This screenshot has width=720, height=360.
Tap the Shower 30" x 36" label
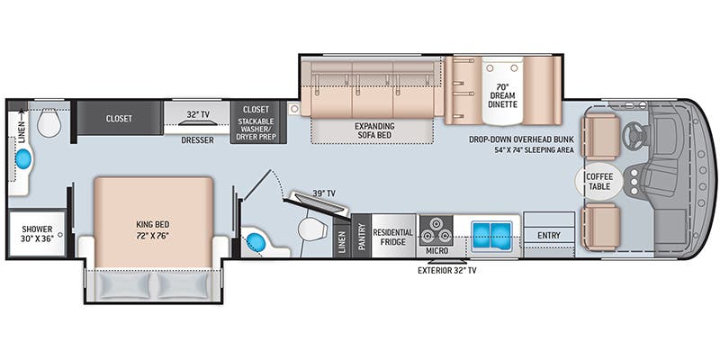pos(38,234)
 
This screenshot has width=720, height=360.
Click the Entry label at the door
pos(548,236)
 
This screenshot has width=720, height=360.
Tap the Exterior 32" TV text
pos(447,270)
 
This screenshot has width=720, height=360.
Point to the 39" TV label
pos(325,193)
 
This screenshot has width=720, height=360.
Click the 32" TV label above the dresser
pos(198,114)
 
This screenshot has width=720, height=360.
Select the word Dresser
pos(196,140)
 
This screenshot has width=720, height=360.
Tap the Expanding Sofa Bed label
pos(374,131)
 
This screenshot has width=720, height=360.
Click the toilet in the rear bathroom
pos(49,124)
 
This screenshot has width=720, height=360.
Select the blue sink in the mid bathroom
pos(257,242)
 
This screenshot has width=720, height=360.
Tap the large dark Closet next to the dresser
pos(119,118)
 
